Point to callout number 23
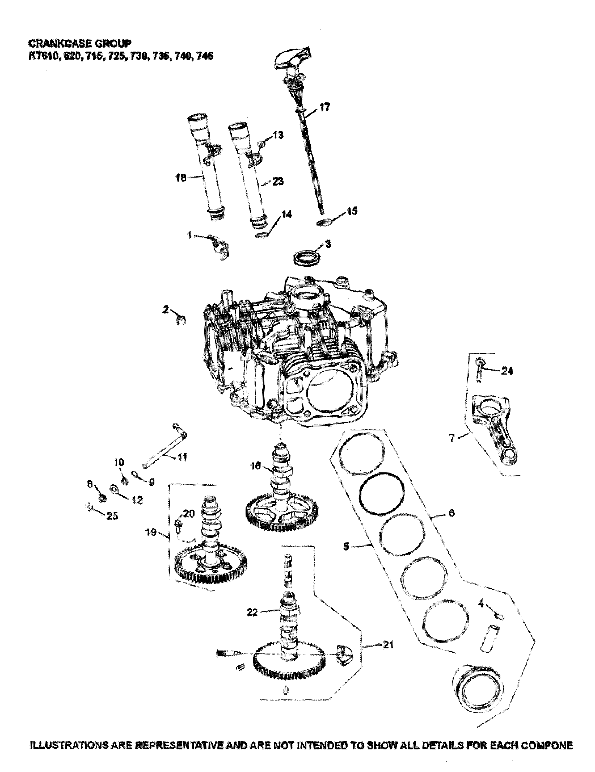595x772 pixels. pyautogui.click(x=278, y=181)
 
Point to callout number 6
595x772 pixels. pyautogui.click(x=451, y=513)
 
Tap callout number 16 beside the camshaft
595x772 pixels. pyautogui.click(x=255, y=466)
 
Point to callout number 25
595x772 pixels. pyautogui.click(x=112, y=516)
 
